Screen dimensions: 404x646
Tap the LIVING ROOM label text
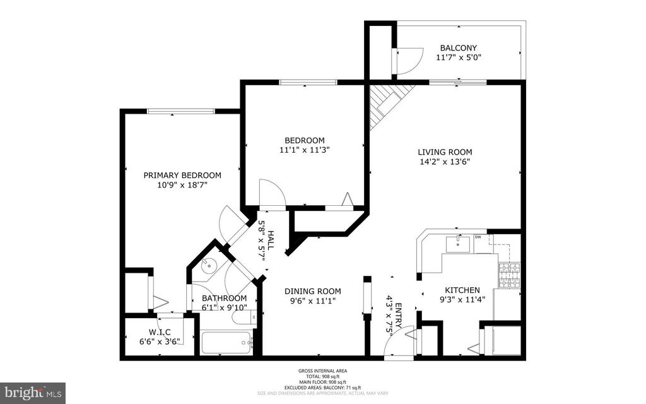pyautogui.click(x=445, y=151)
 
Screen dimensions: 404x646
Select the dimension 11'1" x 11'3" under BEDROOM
pyautogui.click(x=305, y=150)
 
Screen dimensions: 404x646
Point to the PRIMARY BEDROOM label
pyautogui.click(x=182, y=175)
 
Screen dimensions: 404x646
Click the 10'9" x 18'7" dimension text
pyautogui.click(x=182, y=185)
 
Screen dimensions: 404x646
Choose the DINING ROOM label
pyautogui.click(x=312, y=291)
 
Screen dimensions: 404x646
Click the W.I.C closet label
pyautogui.click(x=160, y=332)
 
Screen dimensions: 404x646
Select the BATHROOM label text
pyautogui.click(x=224, y=298)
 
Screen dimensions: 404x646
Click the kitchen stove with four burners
pyautogui.click(x=509, y=275)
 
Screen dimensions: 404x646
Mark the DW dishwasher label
pyautogui.click(x=478, y=237)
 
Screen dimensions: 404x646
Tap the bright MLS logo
pyautogui.click(x=33, y=393)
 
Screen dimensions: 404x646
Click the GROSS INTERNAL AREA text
pyautogui.click(x=322, y=371)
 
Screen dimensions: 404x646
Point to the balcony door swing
pyautogui.click(x=406, y=61)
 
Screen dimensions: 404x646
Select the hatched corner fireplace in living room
pyautogui.click(x=385, y=102)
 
